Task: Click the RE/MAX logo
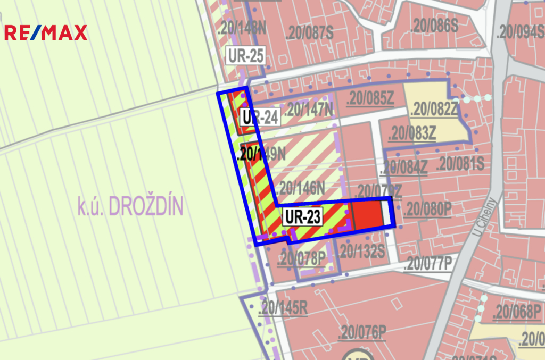tap(45, 33)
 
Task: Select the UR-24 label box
tap(260, 117)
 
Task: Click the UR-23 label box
tap(302, 217)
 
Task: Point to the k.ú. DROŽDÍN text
tap(130, 206)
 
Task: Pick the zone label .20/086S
tap(435, 26)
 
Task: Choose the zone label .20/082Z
tap(434, 108)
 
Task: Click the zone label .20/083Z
tap(412, 134)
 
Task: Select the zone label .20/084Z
tap(404, 167)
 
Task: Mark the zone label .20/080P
tap(427, 208)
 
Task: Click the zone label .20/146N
tap(301, 187)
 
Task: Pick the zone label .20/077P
tap(427, 263)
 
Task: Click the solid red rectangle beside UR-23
tap(368, 214)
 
